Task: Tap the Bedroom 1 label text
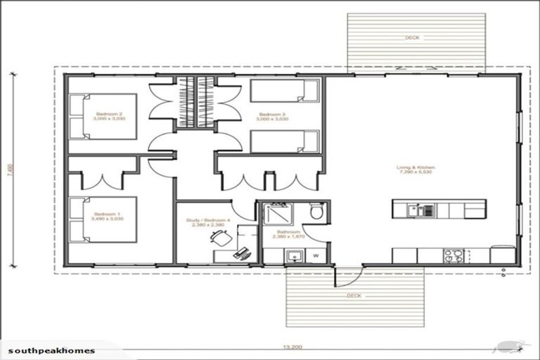[x=108, y=217]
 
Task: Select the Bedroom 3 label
[x=272, y=116]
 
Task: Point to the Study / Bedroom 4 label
[x=207, y=223]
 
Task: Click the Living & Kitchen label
[x=416, y=169]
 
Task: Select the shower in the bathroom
[x=277, y=213]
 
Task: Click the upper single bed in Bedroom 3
[x=285, y=92]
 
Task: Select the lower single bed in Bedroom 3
[x=285, y=141]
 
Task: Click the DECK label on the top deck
[x=413, y=37]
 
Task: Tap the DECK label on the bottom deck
[x=354, y=296]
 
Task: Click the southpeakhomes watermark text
[x=51, y=349]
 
